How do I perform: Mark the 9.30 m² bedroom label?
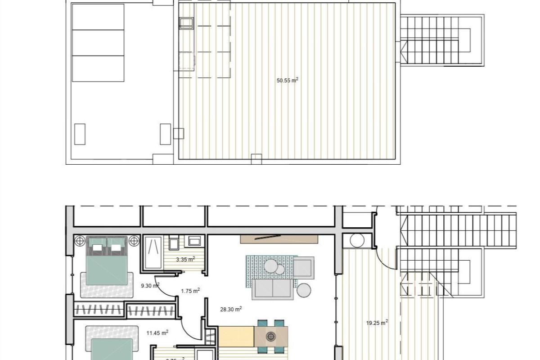tap(150, 285)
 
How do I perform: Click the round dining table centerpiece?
tap(271, 336)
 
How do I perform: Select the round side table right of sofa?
tap(304, 290)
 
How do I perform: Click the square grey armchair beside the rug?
tap(304, 268)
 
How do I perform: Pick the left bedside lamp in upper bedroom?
tap(80, 240)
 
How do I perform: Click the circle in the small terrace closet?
tap(357, 241)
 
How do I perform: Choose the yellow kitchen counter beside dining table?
tap(236, 337)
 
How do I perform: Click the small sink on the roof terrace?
tap(186, 23)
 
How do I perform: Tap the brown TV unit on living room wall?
tap(279, 239)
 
